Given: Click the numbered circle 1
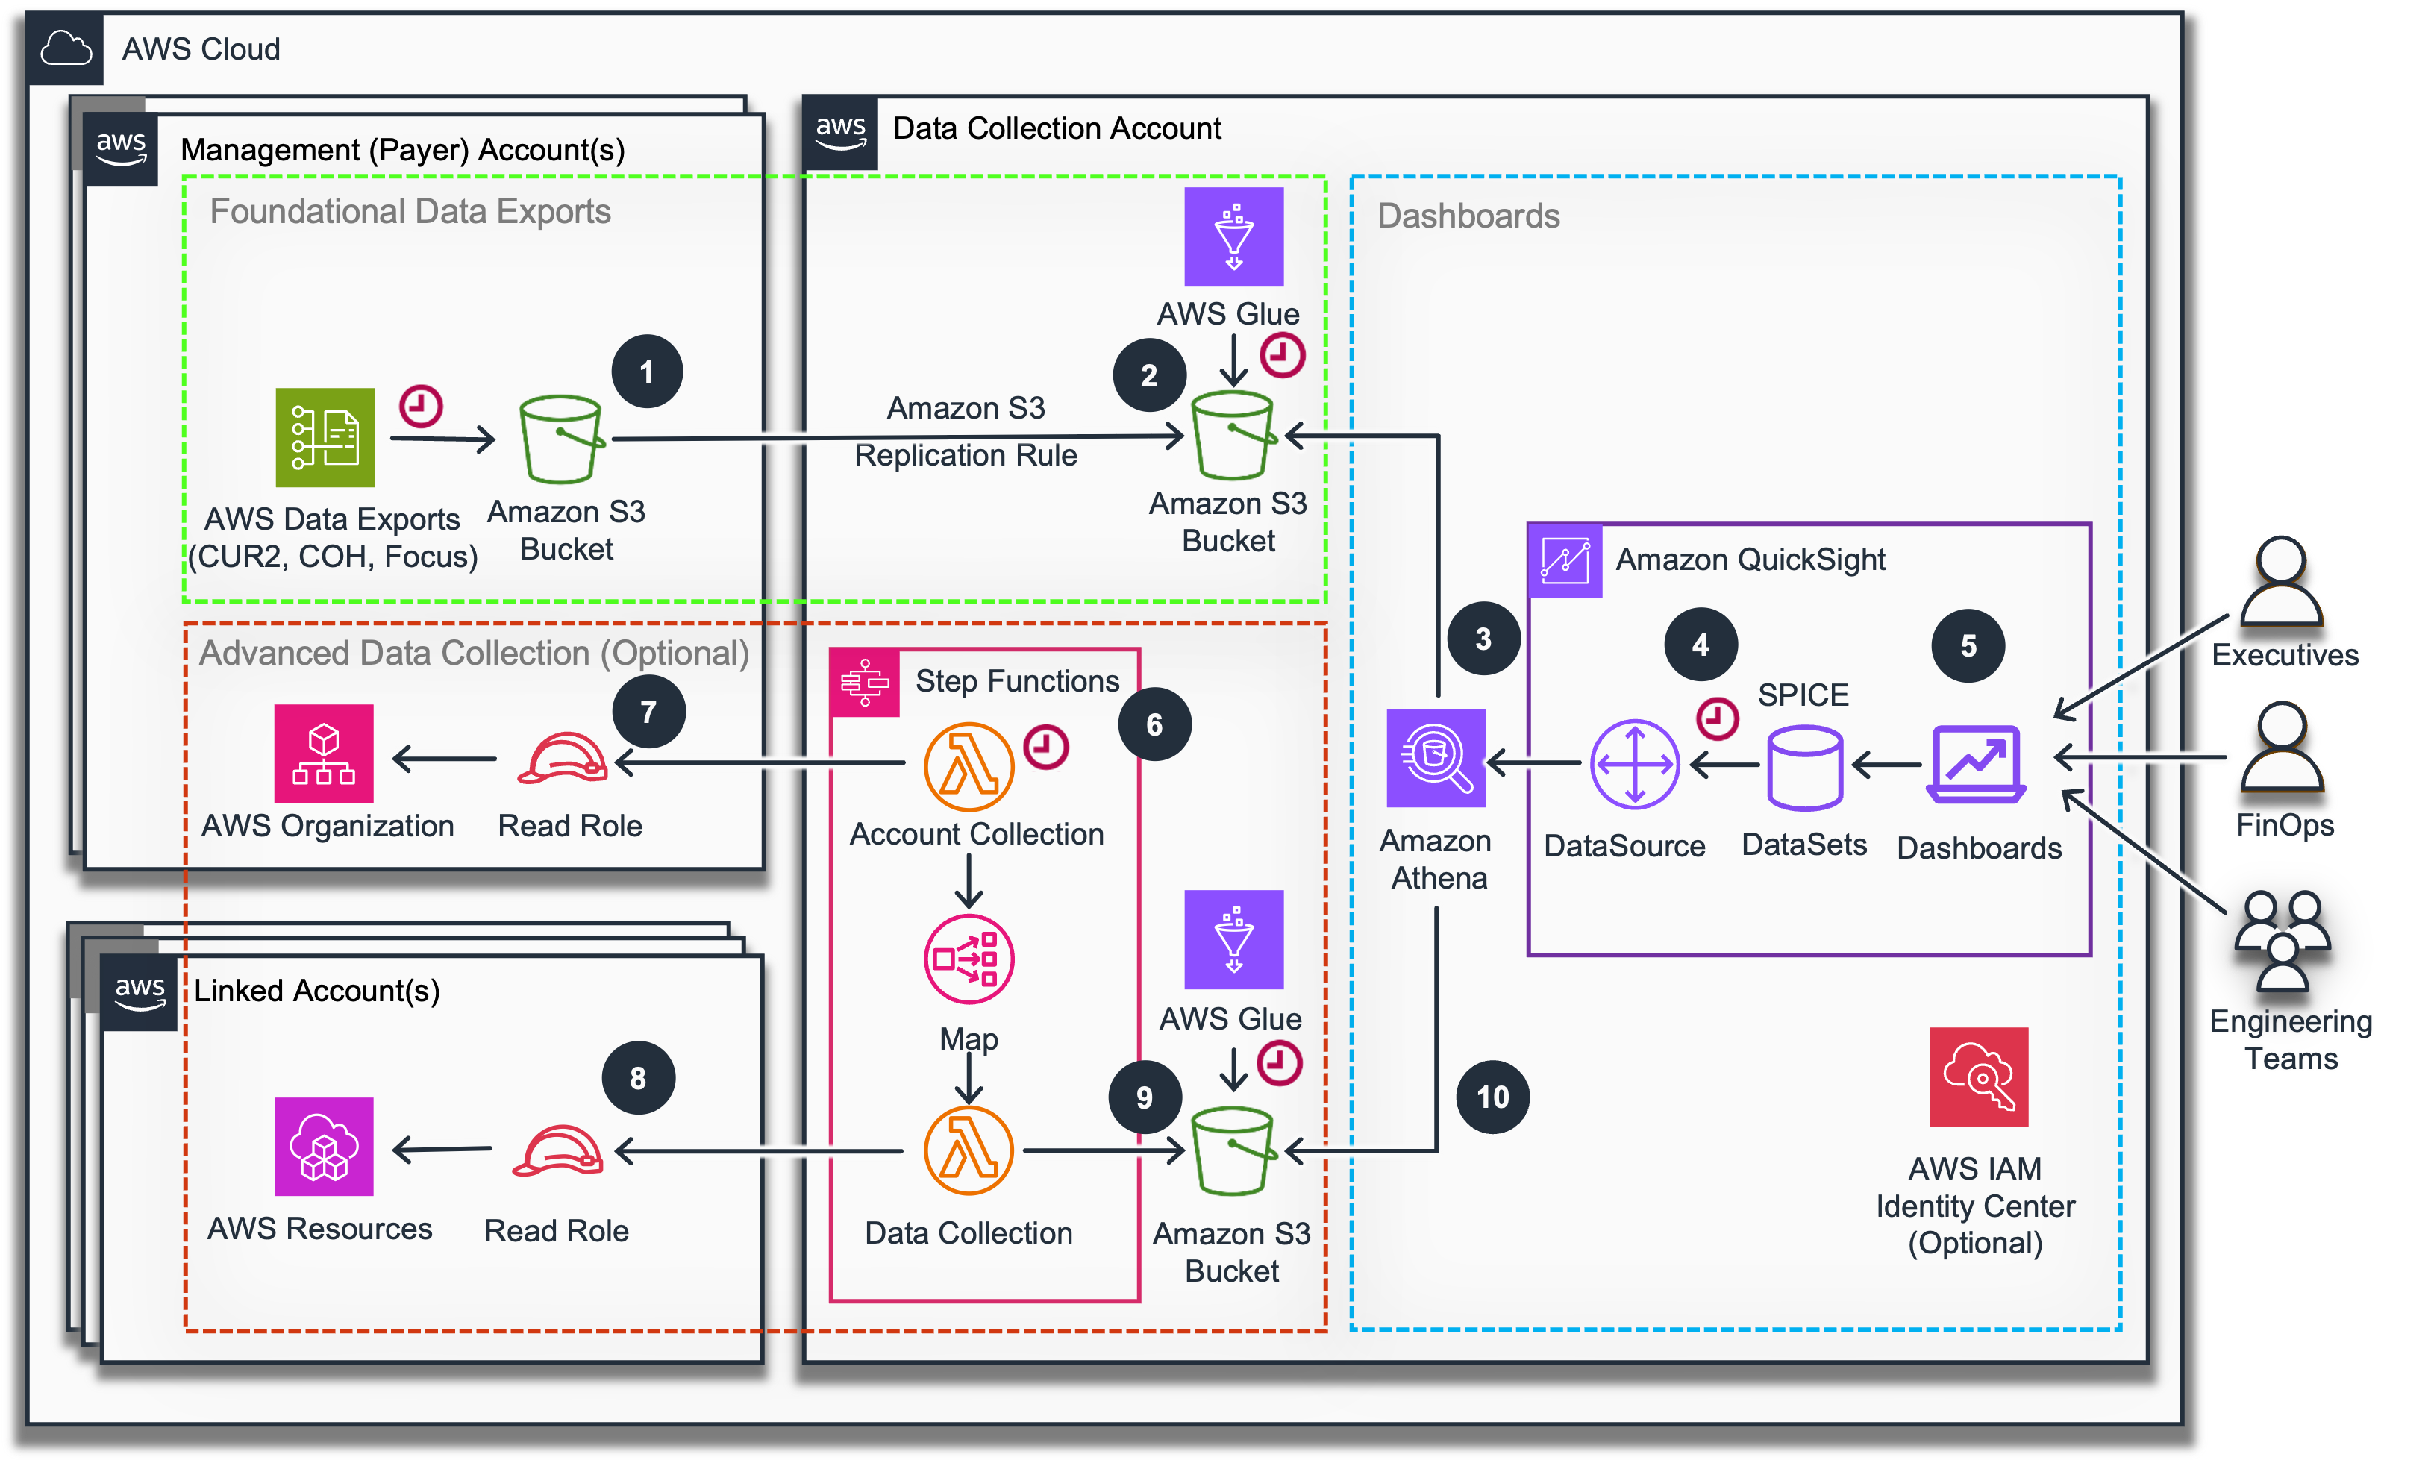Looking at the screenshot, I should [x=647, y=372].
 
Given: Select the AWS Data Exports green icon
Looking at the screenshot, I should [x=325, y=438].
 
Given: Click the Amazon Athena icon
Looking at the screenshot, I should [x=1436, y=757].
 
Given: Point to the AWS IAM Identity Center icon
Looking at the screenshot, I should [x=1979, y=1077].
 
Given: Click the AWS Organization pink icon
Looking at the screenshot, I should [x=323, y=754].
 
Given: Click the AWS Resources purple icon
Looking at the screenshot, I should [x=323, y=1147].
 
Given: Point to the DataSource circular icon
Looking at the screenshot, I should [x=1634, y=764].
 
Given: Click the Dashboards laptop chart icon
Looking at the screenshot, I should [x=1976, y=764].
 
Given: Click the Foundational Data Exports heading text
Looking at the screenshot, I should [x=410, y=212].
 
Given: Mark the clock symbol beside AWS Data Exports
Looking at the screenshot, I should [x=421, y=406].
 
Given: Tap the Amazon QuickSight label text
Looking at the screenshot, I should [x=1750, y=560].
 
